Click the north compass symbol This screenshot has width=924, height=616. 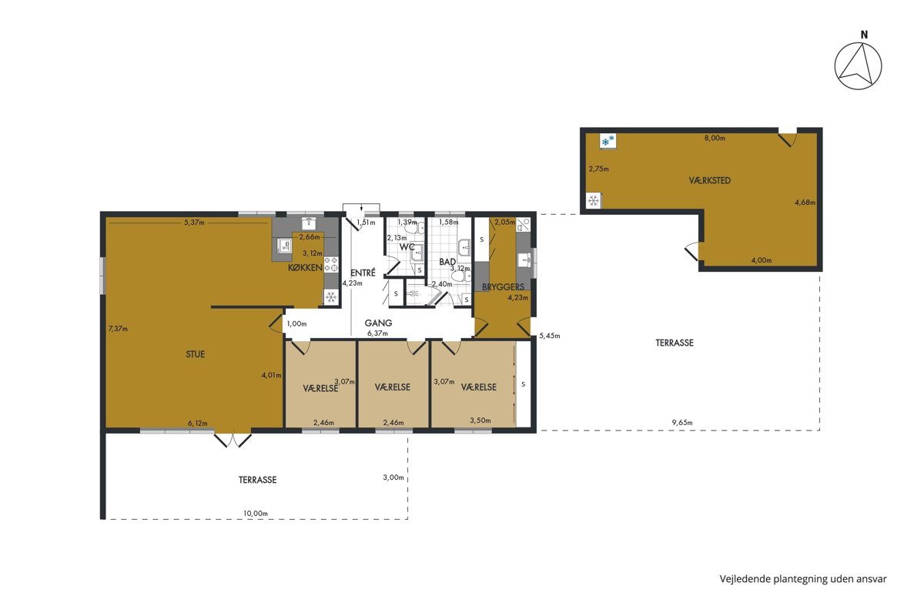pyautogui.click(x=858, y=65)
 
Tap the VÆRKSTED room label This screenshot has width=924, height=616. pyautogui.click(x=709, y=180)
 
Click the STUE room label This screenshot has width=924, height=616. pyautogui.click(x=195, y=354)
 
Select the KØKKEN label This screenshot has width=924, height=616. pyautogui.click(x=305, y=267)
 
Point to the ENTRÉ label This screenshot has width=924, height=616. pyautogui.click(x=363, y=273)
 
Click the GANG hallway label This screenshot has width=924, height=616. pyautogui.click(x=378, y=323)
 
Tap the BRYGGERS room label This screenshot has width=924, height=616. pyautogui.click(x=504, y=286)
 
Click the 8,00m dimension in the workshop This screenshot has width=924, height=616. pyautogui.click(x=715, y=139)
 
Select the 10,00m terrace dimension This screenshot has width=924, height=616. pyautogui.click(x=256, y=514)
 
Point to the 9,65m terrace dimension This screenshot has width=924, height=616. pyautogui.click(x=682, y=422)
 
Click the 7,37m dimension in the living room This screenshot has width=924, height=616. pyautogui.click(x=118, y=329)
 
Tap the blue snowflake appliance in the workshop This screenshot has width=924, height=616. pyautogui.click(x=608, y=141)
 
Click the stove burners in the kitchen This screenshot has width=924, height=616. pyautogui.click(x=331, y=264)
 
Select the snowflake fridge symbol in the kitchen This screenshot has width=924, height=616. pyautogui.click(x=330, y=296)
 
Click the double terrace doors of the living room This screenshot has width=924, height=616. pyautogui.click(x=233, y=440)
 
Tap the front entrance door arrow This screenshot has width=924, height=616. pyautogui.click(x=361, y=209)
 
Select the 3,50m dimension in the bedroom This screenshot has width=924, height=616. pyautogui.click(x=480, y=420)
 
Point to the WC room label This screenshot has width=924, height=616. pyautogui.click(x=407, y=246)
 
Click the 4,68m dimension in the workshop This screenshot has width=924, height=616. pyautogui.click(x=805, y=203)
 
